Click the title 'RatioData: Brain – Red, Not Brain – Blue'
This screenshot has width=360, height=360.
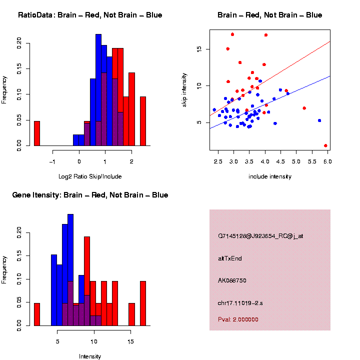pos(90,15)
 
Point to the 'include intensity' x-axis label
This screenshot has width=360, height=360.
pos(269,176)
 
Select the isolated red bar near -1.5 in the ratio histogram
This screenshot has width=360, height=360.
pos(36,133)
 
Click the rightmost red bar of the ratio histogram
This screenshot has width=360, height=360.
pos(143,121)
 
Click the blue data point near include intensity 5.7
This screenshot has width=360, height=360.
pos(319,120)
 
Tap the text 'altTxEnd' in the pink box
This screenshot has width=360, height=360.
pos(230,258)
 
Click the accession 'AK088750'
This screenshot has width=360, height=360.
pos(232,280)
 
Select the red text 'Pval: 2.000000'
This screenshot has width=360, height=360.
pos(238,319)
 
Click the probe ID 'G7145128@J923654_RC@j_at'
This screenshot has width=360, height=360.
pos(260,236)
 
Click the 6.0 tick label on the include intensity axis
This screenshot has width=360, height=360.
pos(327,162)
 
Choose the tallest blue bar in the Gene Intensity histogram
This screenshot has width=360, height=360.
pos(70,270)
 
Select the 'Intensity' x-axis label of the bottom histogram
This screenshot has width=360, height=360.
pos(90,356)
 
